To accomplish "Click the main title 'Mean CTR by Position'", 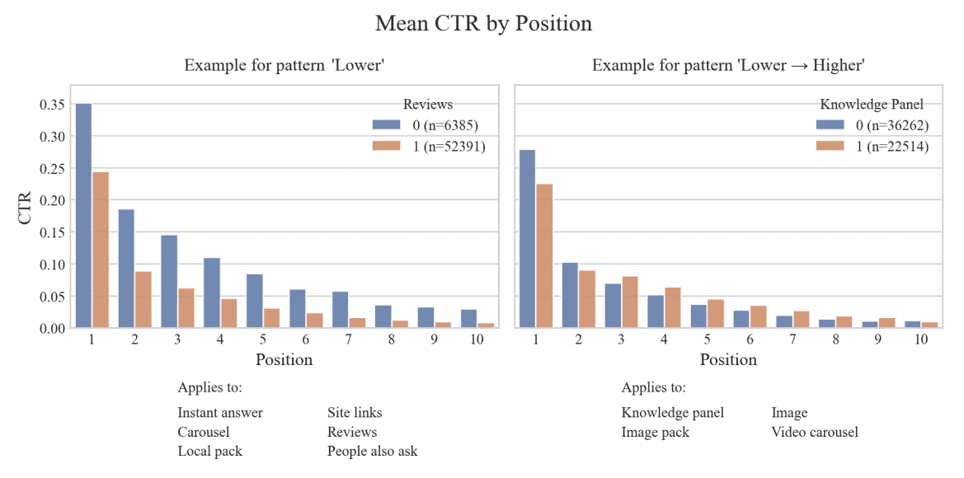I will (483, 23).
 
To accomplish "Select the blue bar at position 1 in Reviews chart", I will (83, 216).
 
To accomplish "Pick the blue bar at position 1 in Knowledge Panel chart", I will (528, 239).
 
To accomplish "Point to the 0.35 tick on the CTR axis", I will (52, 105).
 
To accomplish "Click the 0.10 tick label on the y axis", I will (52, 265).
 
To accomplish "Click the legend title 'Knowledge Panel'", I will (872, 105).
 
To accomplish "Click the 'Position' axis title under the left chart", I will (284, 360).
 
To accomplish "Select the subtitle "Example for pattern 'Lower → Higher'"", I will (728, 65).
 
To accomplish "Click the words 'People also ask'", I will (372, 452).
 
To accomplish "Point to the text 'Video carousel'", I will (815, 432).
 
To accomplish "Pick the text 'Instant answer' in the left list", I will (220, 413).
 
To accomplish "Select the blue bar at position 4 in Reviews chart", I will (212, 293).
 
